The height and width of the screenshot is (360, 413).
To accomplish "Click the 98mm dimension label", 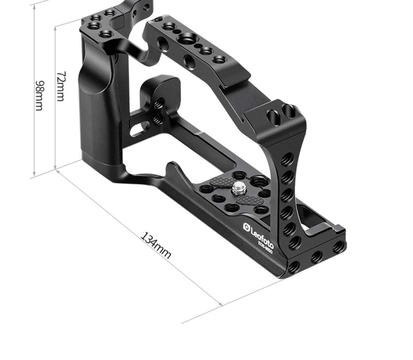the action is tap(39, 96).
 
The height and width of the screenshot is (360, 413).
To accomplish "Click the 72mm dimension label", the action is tap(61, 86).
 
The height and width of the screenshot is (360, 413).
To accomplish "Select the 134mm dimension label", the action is tap(156, 245).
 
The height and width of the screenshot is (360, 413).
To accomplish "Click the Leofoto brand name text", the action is tap(262, 236).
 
